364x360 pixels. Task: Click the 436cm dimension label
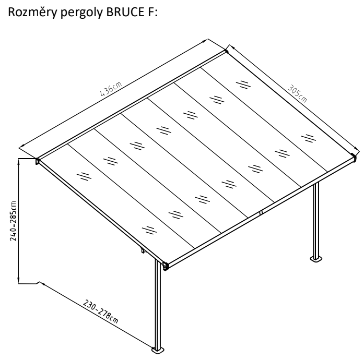(x=111, y=89)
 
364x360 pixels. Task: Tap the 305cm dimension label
(x=297, y=93)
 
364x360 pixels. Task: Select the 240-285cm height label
(x=13, y=221)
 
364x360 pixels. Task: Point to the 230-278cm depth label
(x=100, y=311)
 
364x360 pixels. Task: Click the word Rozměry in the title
(x=32, y=13)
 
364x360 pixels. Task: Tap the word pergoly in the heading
(x=81, y=13)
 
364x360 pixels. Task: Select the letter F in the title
(x=150, y=12)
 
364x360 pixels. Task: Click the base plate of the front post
(x=158, y=350)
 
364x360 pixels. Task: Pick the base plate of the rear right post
(x=316, y=259)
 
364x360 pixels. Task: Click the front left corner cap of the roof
(x=165, y=266)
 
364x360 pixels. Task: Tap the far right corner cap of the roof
(x=354, y=158)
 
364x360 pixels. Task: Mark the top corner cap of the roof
(x=226, y=51)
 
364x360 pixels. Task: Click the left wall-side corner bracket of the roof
(x=37, y=161)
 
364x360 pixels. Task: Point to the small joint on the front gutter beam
(x=261, y=212)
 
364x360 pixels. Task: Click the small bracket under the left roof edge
(x=143, y=250)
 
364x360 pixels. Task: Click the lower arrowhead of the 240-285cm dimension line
(x=19, y=281)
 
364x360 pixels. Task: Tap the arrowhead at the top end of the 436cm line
(x=205, y=41)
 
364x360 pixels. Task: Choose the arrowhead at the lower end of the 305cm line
(x=356, y=149)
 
